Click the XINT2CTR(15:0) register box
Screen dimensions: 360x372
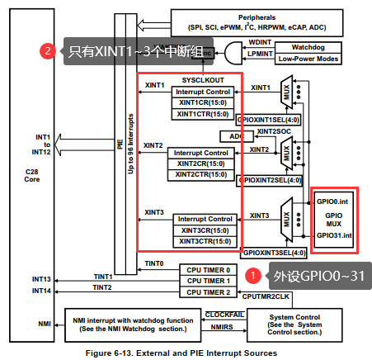click(201, 173)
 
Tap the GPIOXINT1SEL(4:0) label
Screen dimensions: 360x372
click(270, 120)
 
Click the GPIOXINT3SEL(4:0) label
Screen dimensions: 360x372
click(273, 252)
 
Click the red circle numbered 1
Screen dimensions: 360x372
click(256, 274)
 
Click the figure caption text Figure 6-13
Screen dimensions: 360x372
click(185, 353)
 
